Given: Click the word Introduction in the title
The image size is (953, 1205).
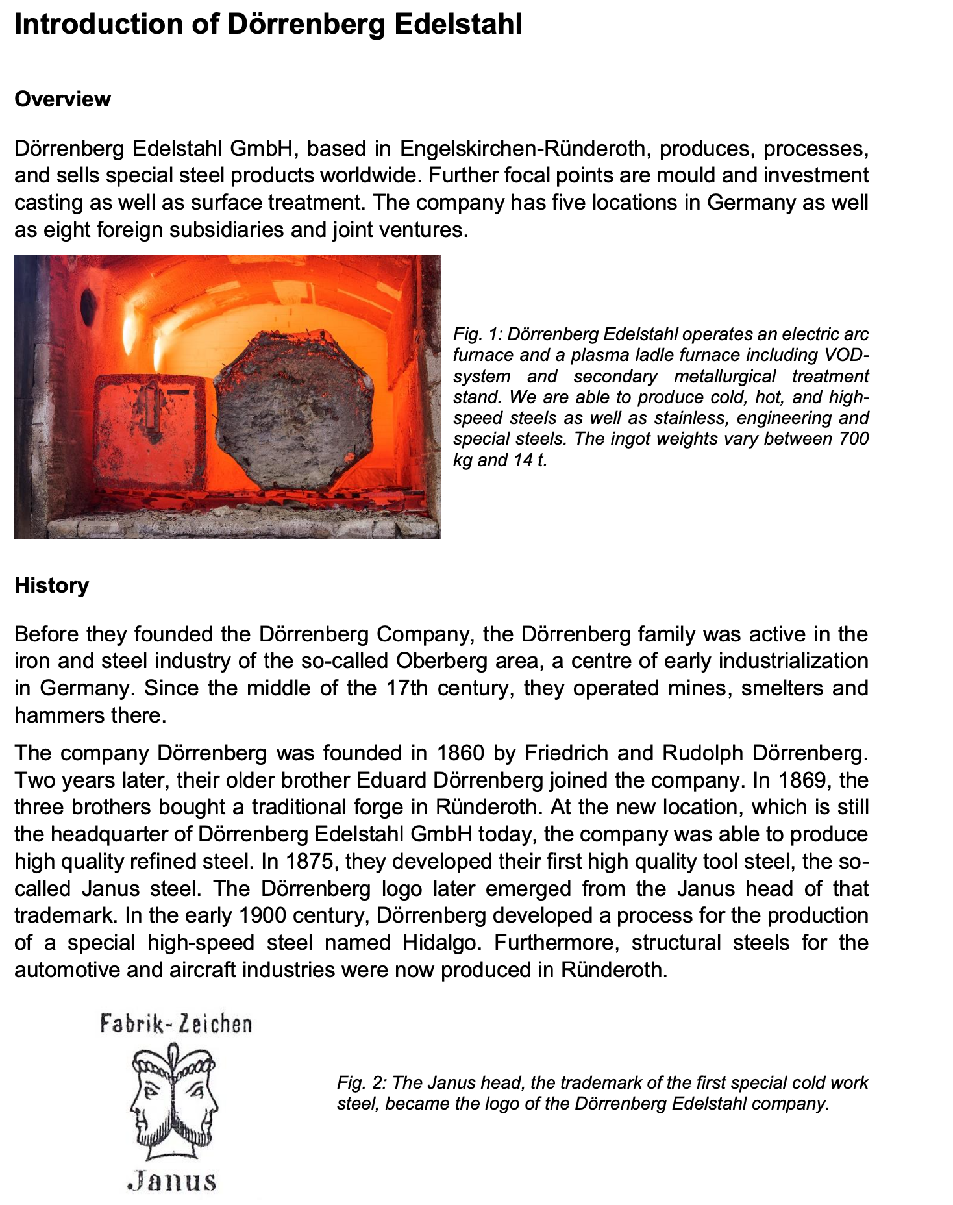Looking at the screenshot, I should tap(98, 25).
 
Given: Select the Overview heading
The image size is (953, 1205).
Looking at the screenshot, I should tap(62, 99).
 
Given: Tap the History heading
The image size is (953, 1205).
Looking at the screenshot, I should tap(51, 586).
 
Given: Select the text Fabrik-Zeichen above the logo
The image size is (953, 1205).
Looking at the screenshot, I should tap(176, 1025).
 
